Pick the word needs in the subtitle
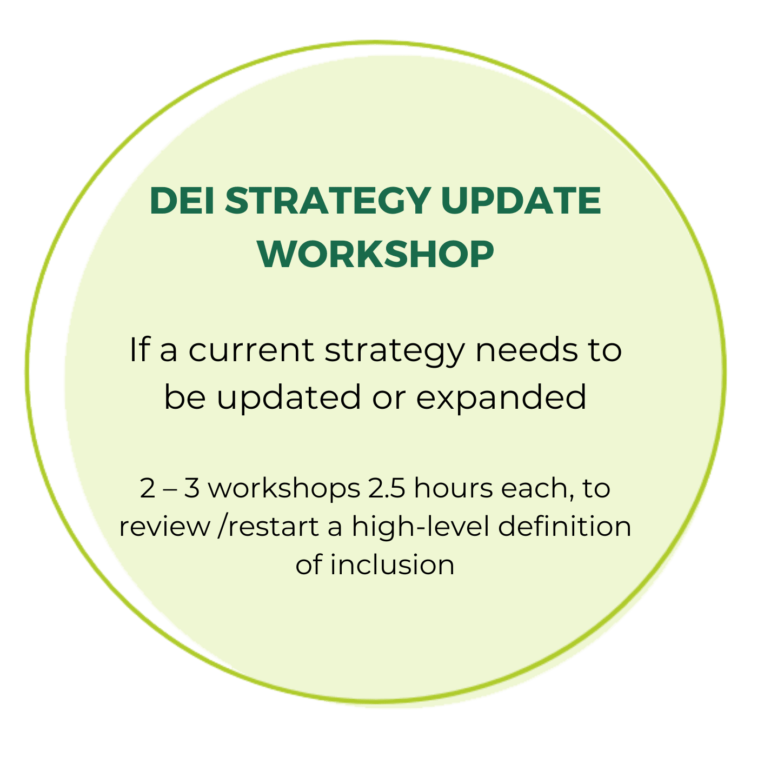527,349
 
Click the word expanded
501,397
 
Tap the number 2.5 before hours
386,489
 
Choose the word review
164,527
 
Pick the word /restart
268,527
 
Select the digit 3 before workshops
192,489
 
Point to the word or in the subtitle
389,400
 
